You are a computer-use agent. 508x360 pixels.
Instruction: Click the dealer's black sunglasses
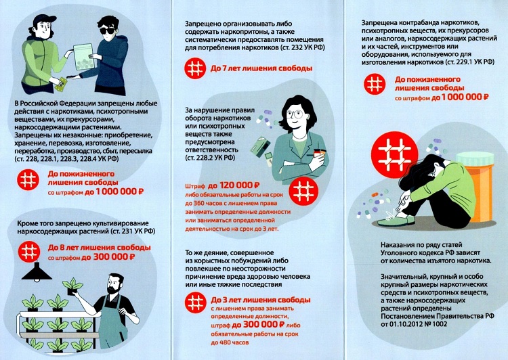click(107, 30)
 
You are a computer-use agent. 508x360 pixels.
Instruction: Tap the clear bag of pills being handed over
click(84, 57)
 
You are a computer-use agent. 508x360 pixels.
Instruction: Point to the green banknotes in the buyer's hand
click(61, 84)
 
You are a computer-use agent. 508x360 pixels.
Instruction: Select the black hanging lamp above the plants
click(37, 272)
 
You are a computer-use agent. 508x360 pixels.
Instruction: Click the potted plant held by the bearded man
click(72, 286)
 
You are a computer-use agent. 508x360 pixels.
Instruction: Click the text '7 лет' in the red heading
click(232, 68)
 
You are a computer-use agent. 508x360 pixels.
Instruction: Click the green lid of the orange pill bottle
click(475, 158)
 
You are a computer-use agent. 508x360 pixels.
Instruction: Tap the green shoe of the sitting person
click(396, 221)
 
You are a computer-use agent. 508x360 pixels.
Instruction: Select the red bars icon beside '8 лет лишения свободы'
click(29, 252)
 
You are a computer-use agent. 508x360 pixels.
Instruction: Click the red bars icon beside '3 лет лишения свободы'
click(195, 302)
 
